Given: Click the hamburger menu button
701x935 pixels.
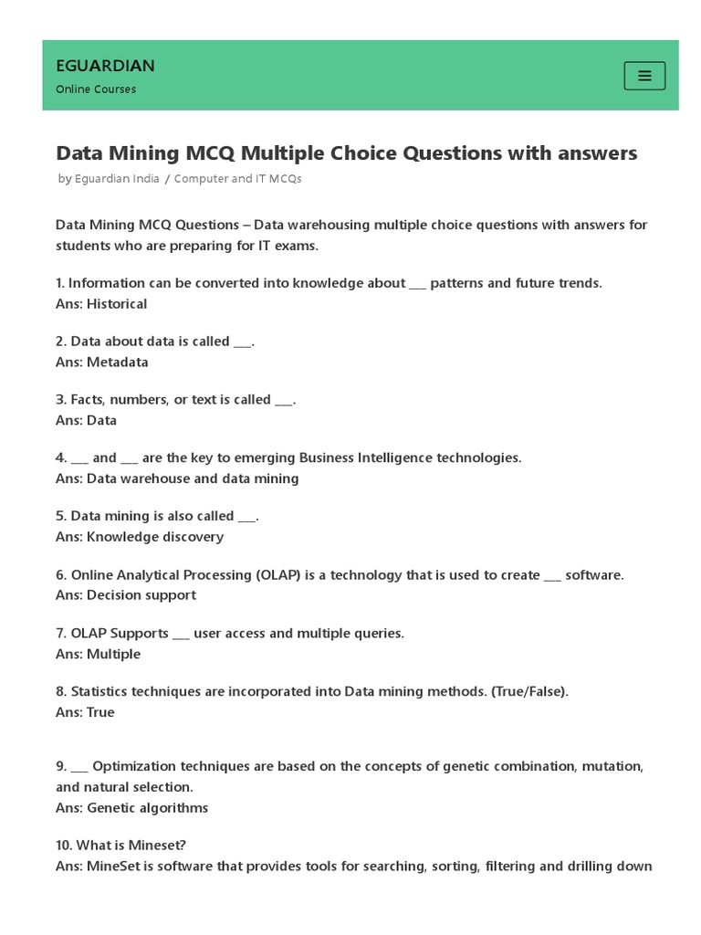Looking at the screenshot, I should [x=644, y=76].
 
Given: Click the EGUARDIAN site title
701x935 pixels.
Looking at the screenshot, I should [x=105, y=66].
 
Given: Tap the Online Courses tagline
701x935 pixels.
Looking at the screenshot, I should [x=96, y=89].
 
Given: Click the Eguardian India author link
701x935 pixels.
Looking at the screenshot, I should [x=117, y=179].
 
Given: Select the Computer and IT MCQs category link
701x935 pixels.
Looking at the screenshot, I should [x=237, y=179].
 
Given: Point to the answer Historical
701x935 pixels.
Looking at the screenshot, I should [x=117, y=304].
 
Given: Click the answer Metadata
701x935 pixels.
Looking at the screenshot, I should [x=117, y=362].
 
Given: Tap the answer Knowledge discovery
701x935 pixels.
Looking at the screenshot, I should [x=155, y=537].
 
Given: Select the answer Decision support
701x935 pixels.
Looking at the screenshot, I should [x=141, y=595].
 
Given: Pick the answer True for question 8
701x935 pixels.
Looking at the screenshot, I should [x=100, y=712].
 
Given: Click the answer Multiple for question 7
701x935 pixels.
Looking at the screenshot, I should [x=113, y=654].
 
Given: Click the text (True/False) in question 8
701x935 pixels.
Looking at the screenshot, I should [x=529, y=691].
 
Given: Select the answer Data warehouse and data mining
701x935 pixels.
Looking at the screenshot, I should [x=193, y=478].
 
